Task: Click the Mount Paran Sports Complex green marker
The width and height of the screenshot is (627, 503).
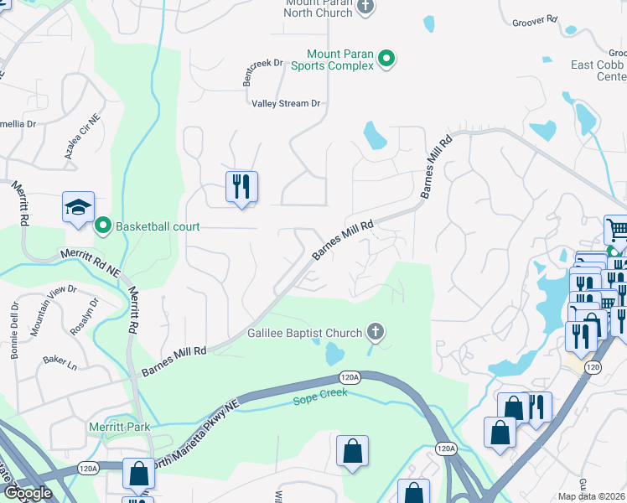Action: [386, 58]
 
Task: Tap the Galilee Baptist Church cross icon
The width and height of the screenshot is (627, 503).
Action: [376, 333]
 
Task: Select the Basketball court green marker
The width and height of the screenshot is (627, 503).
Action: [103, 226]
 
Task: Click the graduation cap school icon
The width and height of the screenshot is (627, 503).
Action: [78, 207]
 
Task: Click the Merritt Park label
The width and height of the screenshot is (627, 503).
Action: [119, 427]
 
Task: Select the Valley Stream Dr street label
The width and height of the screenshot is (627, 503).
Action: [286, 103]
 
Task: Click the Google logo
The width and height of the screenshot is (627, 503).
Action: [27, 492]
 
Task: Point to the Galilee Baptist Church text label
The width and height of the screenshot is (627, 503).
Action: [303, 333]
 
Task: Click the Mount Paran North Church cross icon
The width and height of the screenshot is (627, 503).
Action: [365, 8]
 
